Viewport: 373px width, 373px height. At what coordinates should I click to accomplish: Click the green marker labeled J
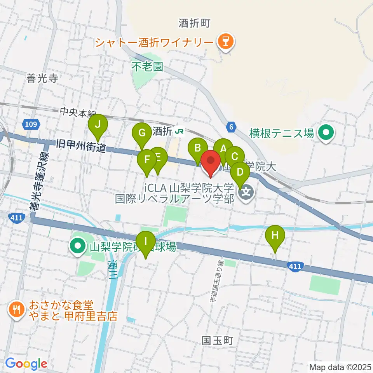click(x=98, y=125)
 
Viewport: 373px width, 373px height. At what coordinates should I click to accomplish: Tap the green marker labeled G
click(x=142, y=134)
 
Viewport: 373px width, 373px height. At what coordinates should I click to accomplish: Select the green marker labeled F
click(x=147, y=160)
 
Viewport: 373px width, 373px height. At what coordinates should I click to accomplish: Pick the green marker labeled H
click(x=275, y=236)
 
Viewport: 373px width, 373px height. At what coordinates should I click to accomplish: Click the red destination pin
click(x=211, y=162)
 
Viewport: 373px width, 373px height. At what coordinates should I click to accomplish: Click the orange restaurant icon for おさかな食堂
click(x=16, y=310)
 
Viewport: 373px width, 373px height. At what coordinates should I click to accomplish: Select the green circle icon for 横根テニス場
click(x=325, y=134)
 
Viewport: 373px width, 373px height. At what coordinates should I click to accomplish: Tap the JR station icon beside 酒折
click(x=179, y=131)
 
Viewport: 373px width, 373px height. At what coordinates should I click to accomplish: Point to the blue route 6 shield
click(x=231, y=127)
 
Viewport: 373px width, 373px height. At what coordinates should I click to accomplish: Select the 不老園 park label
click(x=147, y=66)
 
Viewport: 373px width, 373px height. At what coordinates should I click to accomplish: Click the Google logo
click(x=26, y=364)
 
